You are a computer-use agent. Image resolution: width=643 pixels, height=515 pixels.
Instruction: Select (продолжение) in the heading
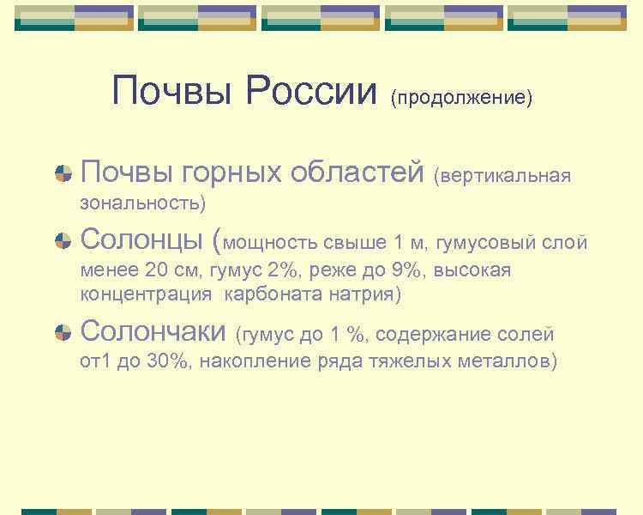[x=461, y=97]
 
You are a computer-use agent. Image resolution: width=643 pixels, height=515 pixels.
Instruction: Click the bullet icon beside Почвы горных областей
[x=63, y=173]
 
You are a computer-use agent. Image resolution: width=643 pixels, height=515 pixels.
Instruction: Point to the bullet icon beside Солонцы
[x=63, y=240]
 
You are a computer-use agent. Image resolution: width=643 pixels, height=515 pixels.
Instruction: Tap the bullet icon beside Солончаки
[x=63, y=332]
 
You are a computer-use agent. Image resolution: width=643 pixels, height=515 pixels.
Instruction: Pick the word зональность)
[x=142, y=203]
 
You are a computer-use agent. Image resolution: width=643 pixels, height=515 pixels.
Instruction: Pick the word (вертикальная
[x=502, y=176]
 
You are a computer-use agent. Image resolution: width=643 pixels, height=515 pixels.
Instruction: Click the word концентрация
[x=146, y=294]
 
